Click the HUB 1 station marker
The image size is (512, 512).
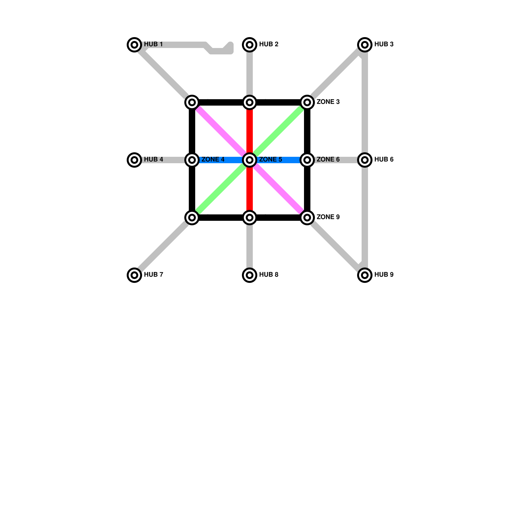click(x=134, y=44)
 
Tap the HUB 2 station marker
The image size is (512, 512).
click(x=250, y=44)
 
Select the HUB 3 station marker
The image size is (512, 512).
click(x=364, y=44)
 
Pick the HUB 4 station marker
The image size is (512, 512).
click(x=134, y=160)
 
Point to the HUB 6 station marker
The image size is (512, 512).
click(x=364, y=160)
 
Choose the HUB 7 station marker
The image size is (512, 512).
click(x=134, y=275)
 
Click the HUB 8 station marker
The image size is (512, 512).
click(x=250, y=275)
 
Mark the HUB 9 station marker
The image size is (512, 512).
click(x=364, y=275)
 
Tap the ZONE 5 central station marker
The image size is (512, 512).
click(x=250, y=160)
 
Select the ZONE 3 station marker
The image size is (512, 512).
click(x=307, y=102)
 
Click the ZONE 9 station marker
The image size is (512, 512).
click(x=307, y=218)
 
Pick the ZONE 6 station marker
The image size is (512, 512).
click(x=307, y=160)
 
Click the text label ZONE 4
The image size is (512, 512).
click(x=213, y=159)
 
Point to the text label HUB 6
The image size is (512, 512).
click(x=384, y=159)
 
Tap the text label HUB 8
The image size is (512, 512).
click(x=268, y=275)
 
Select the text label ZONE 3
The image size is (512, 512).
click(x=328, y=102)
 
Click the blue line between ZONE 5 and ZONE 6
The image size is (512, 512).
click(x=278, y=160)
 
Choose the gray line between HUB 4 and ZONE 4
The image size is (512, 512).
click(x=163, y=160)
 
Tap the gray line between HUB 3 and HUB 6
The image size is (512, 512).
click(x=365, y=102)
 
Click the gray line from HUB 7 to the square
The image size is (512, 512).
click(x=163, y=246)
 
